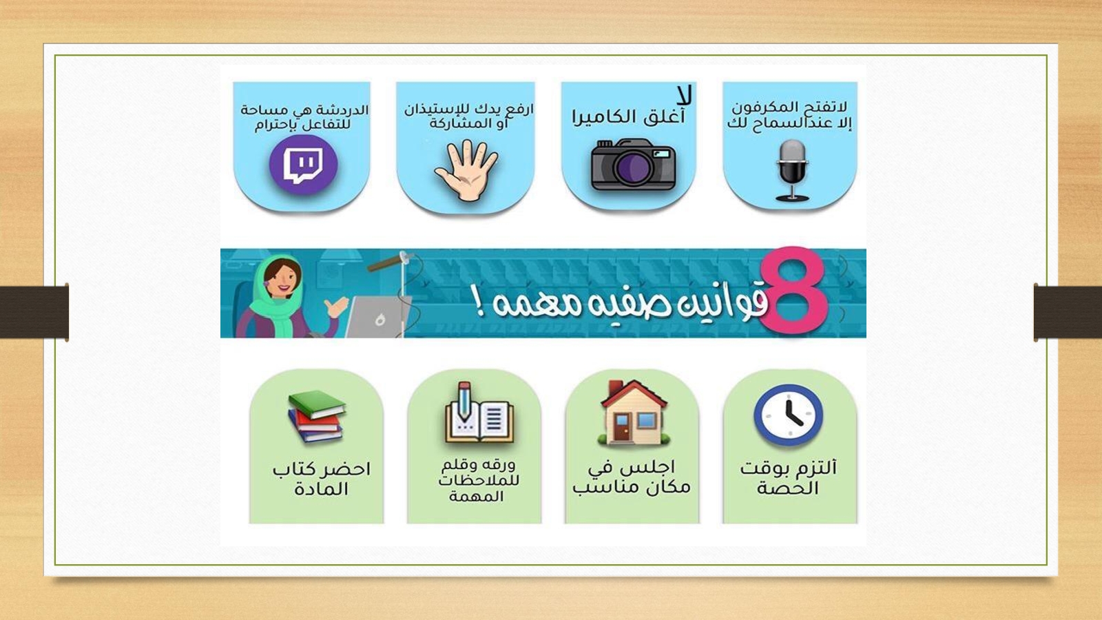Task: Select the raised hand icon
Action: coord(466,170)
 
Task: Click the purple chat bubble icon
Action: coord(303,165)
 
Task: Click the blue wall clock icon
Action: coord(788,415)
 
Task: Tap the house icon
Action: coord(634,413)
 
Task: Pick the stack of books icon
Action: coord(316,416)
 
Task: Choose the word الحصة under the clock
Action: coord(788,488)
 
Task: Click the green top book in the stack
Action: coord(317,404)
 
